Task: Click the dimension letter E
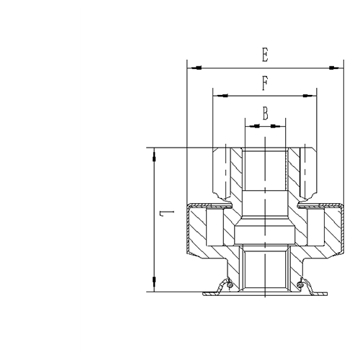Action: click(265, 55)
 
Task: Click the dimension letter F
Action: click(264, 84)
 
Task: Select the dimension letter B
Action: click(265, 113)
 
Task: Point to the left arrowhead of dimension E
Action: click(191, 68)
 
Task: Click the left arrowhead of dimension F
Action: click(217, 96)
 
